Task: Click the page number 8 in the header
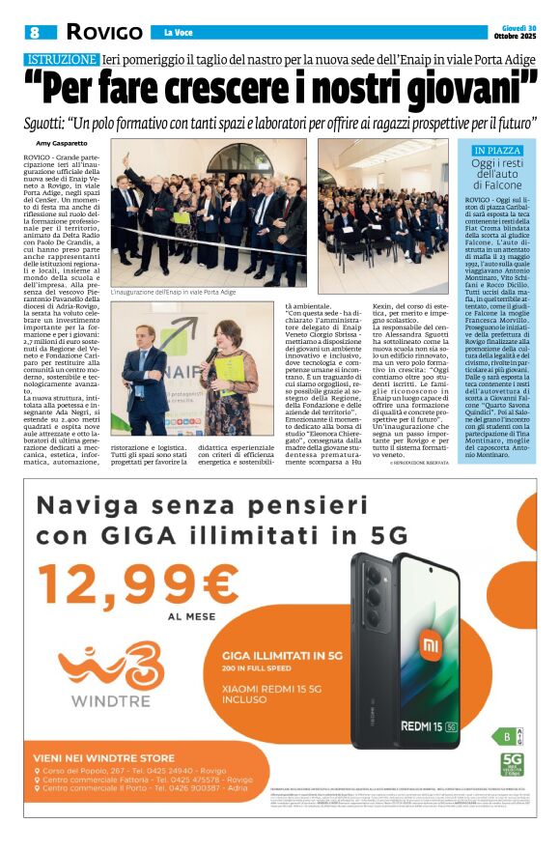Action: (34, 32)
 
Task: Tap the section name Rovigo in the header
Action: (100, 32)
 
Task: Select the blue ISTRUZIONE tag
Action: (61, 60)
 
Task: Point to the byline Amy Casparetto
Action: (63, 142)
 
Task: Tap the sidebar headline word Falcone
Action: (497, 185)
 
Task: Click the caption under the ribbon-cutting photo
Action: (173, 292)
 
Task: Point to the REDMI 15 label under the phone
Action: (429, 722)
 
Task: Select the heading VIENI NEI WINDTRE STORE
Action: (104, 757)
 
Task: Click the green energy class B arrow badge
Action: (503, 736)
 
